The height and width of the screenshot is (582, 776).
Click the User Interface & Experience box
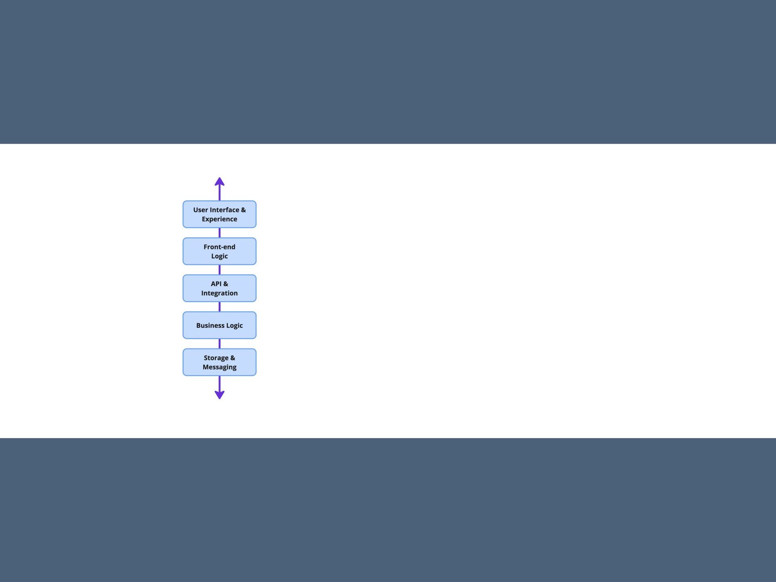pyautogui.click(x=219, y=214)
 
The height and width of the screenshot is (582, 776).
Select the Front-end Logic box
pyautogui.click(x=219, y=251)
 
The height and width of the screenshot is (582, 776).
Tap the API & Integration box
pyautogui.click(x=219, y=288)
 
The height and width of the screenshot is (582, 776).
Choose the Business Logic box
pyautogui.click(x=219, y=325)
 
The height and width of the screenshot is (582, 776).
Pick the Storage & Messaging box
pyautogui.click(x=219, y=362)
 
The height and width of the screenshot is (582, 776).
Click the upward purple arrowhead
pyautogui.click(x=219, y=182)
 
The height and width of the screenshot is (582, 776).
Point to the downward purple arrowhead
pyautogui.click(x=219, y=394)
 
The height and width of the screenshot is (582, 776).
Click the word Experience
pyautogui.click(x=219, y=219)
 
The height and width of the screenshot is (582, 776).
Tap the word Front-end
pyautogui.click(x=219, y=247)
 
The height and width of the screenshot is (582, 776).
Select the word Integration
pyautogui.click(x=219, y=293)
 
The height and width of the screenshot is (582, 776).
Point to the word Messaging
pyautogui.click(x=219, y=367)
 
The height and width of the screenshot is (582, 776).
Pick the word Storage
pyautogui.click(x=216, y=358)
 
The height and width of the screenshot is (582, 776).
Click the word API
pyautogui.click(x=216, y=284)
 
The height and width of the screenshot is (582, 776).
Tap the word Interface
pyautogui.click(x=225, y=210)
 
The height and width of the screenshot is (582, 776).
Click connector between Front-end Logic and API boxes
pyautogui.click(x=219, y=270)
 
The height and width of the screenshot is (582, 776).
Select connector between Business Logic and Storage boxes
pyautogui.click(x=219, y=344)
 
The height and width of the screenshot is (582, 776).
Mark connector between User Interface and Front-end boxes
pyautogui.click(x=219, y=233)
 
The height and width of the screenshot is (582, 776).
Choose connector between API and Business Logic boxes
pyautogui.click(x=219, y=307)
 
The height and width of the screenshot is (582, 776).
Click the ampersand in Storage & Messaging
pyautogui.click(x=232, y=358)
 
